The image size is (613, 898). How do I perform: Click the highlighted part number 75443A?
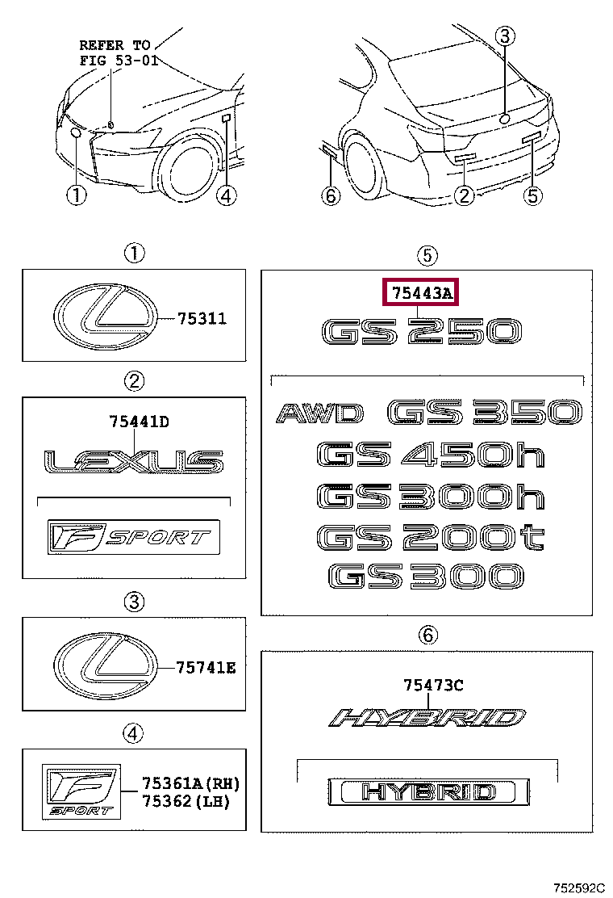click(x=422, y=294)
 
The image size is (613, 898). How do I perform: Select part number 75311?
click(x=202, y=318)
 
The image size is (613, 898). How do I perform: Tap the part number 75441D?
click(x=139, y=422)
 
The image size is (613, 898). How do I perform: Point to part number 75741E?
click(x=206, y=668)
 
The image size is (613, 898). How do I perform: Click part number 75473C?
click(x=433, y=685)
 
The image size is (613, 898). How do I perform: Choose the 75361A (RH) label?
click(x=191, y=783)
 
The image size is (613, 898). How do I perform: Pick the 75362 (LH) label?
click(x=186, y=801)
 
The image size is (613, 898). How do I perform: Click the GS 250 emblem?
click(x=421, y=332)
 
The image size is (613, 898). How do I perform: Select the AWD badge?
click(x=319, y=413)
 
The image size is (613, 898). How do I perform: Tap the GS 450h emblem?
click(x=431, y=455)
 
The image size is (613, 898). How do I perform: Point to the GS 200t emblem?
click(x=431, y=537)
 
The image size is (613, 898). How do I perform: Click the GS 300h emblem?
click(x=431, y=496)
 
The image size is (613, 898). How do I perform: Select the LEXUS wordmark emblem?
click(x=134, y=462)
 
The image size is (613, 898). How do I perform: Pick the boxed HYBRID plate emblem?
click(x=429, y=792)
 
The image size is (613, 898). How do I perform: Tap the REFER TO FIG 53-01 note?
click(x=119, y=52)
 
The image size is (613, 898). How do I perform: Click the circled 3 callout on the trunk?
click(x=504, y=36)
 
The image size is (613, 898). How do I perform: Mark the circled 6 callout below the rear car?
click(x=331, y=196)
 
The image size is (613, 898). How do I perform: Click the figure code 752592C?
click(x=578, y=888)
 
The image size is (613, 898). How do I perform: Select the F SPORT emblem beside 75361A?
click(x=81, y=791)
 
